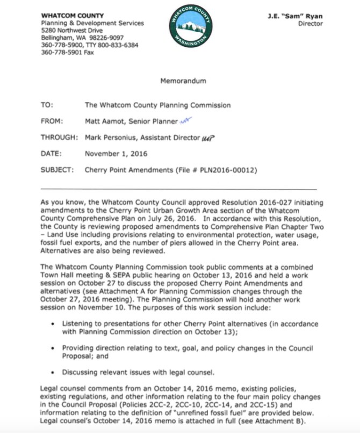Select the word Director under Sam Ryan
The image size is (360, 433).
click(x=310, y=24)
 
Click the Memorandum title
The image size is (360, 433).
click(x=183, y=81)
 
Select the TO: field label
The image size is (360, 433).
click(x=47, y=105)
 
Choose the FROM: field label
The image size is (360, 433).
click(x=52, y=121)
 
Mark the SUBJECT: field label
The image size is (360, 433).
click(x=57, y=170)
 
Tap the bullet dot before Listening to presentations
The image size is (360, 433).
click(x=52, y=324)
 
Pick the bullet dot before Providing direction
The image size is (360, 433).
click(x=52, y=348)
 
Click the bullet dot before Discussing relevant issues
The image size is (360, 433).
click(x=52, y=371)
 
